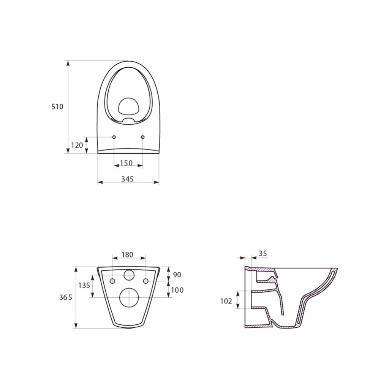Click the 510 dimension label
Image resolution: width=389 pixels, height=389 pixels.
(57, 107)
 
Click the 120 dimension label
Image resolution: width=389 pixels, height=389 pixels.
(77, 145)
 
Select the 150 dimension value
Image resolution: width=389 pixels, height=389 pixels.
(126, 163)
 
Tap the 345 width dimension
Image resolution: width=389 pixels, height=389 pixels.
(127, 179)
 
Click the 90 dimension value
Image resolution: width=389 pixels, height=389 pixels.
(177, 275)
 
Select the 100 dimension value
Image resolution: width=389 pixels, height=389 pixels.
(177, 290)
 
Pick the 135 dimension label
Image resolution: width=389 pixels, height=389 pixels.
(84, 285)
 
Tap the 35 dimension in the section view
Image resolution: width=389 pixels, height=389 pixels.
(262, 253)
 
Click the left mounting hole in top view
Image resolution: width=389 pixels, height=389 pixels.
(114, 137)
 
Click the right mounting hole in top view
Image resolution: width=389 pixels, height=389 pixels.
(143, 137)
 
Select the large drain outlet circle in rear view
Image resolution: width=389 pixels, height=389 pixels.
(129, 297)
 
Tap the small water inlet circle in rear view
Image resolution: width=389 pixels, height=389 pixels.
(129, 275)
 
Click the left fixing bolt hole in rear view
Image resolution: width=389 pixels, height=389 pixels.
(112, 281)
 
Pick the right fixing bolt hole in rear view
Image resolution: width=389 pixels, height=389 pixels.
(145, 281)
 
